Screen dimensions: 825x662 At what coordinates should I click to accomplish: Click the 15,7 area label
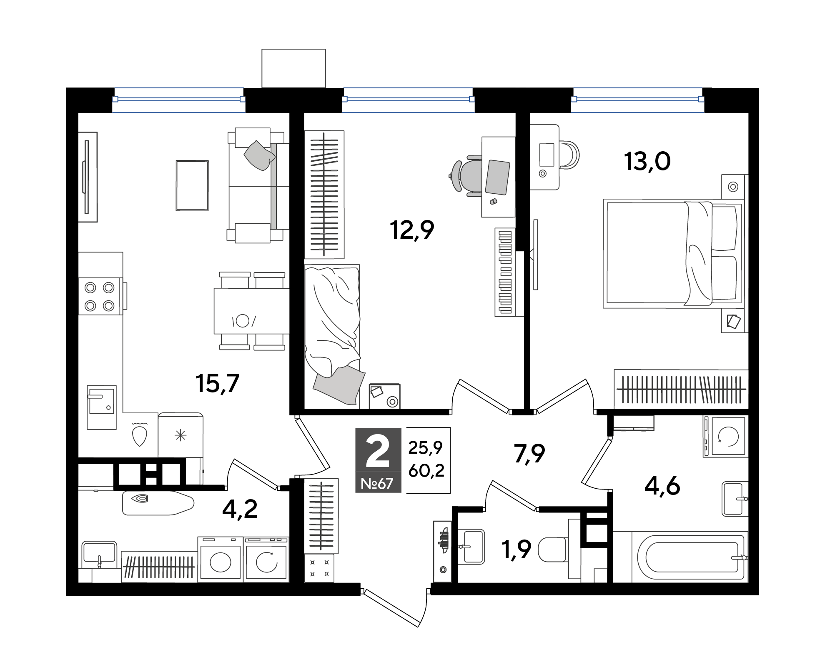coord(217,384)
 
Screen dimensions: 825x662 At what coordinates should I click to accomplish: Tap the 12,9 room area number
coord(412,230)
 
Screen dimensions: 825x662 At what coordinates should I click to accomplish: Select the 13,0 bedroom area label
coord(647,162)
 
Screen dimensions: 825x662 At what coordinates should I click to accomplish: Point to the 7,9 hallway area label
coord(529,454)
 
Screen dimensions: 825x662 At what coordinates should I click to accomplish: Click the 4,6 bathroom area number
coord(662,486)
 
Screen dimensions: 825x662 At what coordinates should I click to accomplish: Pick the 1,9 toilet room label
coord(517,550)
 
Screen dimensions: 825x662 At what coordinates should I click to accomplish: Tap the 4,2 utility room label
coord(240,509)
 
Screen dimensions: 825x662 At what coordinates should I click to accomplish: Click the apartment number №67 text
coord(377,483)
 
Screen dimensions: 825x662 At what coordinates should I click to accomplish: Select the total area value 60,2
coord(426,471)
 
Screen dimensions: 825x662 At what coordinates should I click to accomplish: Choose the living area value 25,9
coord(426,448)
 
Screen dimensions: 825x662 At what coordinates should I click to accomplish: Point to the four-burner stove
coord(100,296)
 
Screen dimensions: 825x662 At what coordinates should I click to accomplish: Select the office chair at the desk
coord(466,176)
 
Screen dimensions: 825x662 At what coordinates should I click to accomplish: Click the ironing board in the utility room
coord(158,503)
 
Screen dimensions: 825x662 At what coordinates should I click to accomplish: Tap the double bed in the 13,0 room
coord(674,253)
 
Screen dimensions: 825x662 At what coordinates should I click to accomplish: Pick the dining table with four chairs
coord(252,311)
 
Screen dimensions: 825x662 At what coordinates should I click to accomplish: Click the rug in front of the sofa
coord(192,186)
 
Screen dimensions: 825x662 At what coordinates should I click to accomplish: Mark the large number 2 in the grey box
coord(377,451)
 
